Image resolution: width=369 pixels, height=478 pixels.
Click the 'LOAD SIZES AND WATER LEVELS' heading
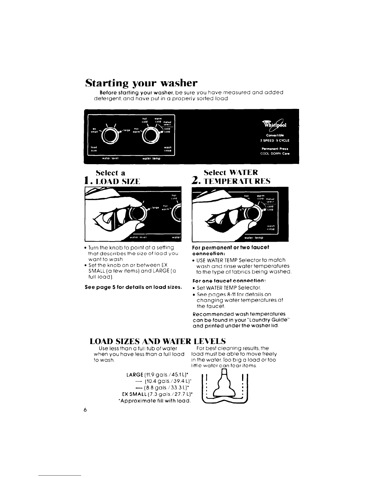[158, 341]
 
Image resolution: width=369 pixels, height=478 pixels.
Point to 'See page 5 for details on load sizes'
[134, 287]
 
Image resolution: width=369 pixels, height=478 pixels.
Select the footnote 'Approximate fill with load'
[155, 401]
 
